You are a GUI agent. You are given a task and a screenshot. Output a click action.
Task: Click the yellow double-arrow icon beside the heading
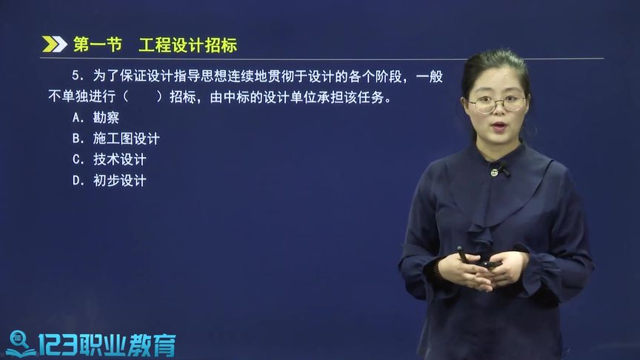[54, 45]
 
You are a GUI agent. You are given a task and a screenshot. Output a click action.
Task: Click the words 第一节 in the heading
[97, 45]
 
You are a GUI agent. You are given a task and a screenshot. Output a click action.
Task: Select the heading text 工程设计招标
[187, 45]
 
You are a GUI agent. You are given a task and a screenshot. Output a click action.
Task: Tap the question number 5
[76, 77]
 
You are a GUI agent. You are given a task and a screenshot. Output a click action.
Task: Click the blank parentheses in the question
[142, 97]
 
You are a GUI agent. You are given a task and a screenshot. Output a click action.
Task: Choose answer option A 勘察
[96, 117]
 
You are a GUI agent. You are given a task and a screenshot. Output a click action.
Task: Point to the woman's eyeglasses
[496, 103]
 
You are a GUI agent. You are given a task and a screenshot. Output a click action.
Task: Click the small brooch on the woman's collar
[494, 172]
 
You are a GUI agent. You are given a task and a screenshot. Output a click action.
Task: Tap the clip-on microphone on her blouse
[504, 170]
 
